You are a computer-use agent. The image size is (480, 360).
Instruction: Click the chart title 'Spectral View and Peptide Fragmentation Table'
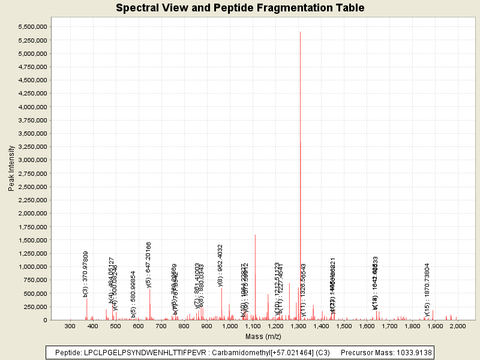240,8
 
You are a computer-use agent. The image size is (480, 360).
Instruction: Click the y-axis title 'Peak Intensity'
11,169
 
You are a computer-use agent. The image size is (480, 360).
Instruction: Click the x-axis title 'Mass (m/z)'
263,336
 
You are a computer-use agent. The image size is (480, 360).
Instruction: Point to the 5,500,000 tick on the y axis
32,27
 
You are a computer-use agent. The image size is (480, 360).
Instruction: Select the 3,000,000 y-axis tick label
32,160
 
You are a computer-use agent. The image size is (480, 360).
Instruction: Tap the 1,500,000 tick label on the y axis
32,240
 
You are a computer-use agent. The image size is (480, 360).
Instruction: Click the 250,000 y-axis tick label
36,307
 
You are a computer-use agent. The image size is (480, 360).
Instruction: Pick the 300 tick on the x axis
70,326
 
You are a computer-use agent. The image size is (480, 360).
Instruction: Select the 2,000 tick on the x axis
458,326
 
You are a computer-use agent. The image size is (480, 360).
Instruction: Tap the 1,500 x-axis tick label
343,326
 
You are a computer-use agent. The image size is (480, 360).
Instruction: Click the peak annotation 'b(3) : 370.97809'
86,274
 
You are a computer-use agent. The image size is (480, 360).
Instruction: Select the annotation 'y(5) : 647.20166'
149,265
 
